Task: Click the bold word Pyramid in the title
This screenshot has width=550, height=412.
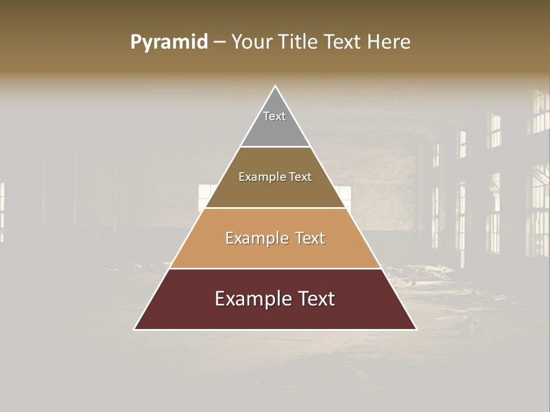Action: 169,42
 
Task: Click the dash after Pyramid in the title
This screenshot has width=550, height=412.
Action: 219,42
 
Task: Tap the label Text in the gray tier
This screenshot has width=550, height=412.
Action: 274,116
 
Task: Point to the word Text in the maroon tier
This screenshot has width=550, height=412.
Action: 315,299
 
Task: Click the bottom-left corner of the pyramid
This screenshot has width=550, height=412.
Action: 135,330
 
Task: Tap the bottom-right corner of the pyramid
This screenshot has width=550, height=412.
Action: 417,330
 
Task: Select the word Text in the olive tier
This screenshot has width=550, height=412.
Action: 300,177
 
